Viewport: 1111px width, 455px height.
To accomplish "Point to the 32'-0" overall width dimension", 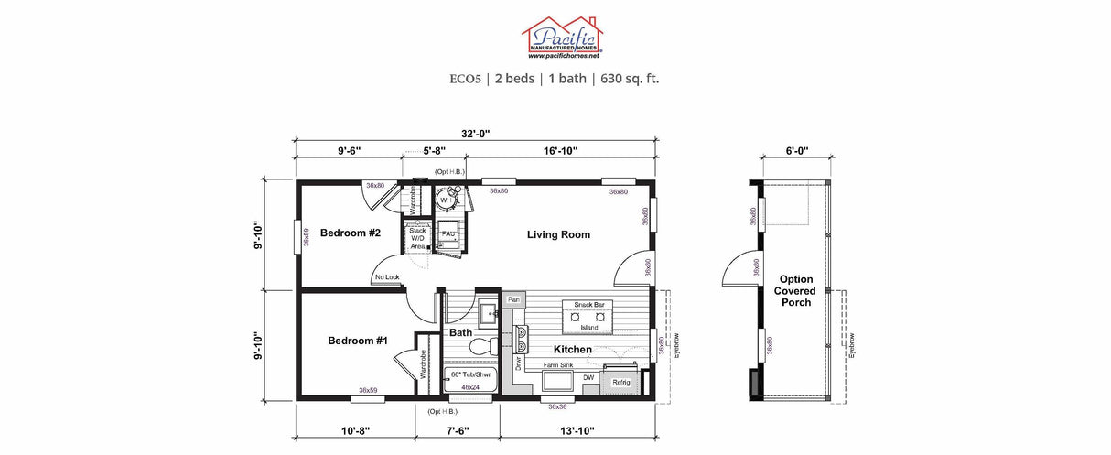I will [x=475, y=134].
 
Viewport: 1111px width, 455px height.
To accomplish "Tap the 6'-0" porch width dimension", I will [x=797, y=151].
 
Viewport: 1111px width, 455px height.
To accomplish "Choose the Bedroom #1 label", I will [x=358, y=341].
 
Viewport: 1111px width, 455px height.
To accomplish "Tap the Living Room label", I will [x=558, y=235].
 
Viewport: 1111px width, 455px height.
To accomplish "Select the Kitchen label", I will [x=572, y=350].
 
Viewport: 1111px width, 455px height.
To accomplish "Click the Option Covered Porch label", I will [x=796, y=290].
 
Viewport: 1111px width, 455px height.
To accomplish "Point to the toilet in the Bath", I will [x=480, y=346].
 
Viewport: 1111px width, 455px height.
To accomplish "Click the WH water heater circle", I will [x=446, y=200].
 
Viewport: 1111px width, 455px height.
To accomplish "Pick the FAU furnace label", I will [x=448, y=234].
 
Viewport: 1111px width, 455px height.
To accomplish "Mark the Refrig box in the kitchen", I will [x=620, y=382].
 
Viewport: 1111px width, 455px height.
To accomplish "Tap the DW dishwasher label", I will [x=588, y=376].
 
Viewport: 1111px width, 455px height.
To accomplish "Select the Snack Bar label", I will [x=587, y=304].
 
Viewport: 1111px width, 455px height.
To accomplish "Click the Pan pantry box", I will [x=513, y=299].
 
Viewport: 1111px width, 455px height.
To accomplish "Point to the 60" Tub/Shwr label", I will [x=470, y=375].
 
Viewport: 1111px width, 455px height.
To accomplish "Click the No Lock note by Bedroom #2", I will [x=387, y=277].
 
